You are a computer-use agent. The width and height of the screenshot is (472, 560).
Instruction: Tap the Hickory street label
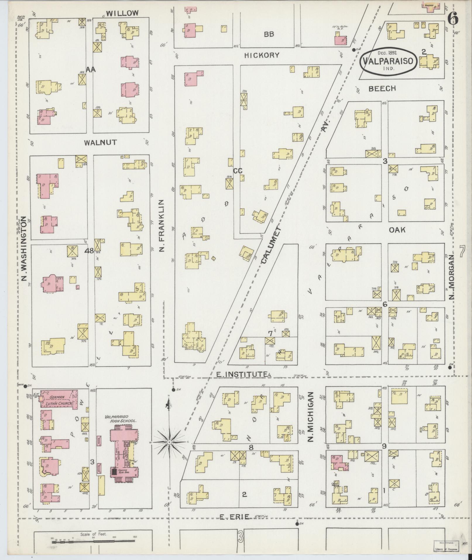point(262,55)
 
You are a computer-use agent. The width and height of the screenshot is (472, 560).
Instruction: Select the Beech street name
point(382,88)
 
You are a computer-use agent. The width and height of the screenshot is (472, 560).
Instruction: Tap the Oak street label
point(397,230)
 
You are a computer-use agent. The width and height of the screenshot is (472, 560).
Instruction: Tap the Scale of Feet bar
point(94,542)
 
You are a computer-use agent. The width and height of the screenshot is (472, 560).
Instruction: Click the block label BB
point(269,34)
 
